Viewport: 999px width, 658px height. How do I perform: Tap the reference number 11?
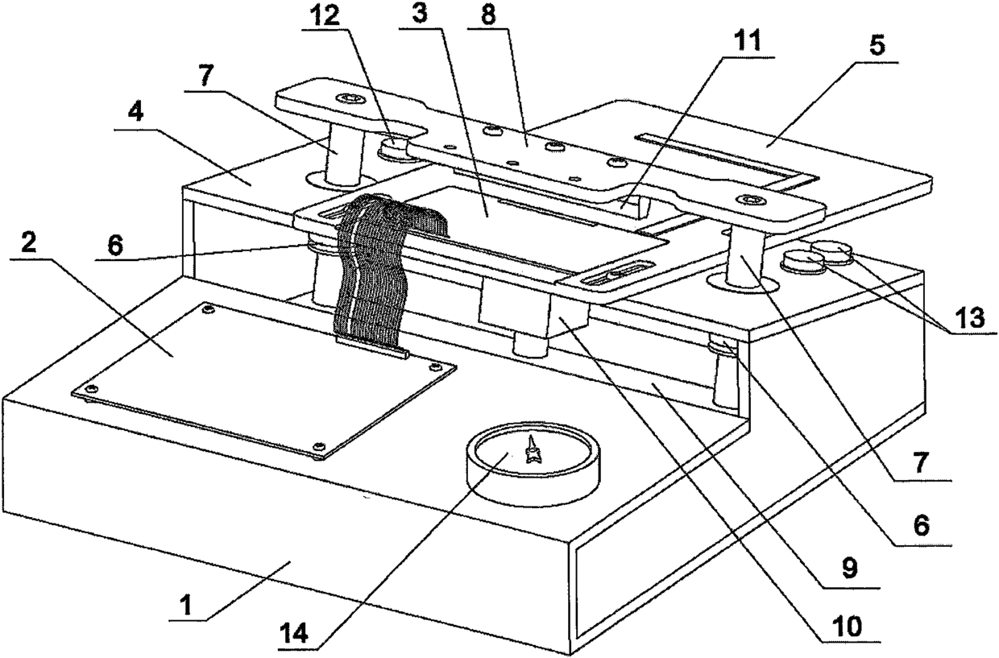click(x=752, y=41)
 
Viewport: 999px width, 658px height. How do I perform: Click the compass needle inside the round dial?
click(x=532, y=452)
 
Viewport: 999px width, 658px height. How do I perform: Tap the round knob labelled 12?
click(x=398, y=148)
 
